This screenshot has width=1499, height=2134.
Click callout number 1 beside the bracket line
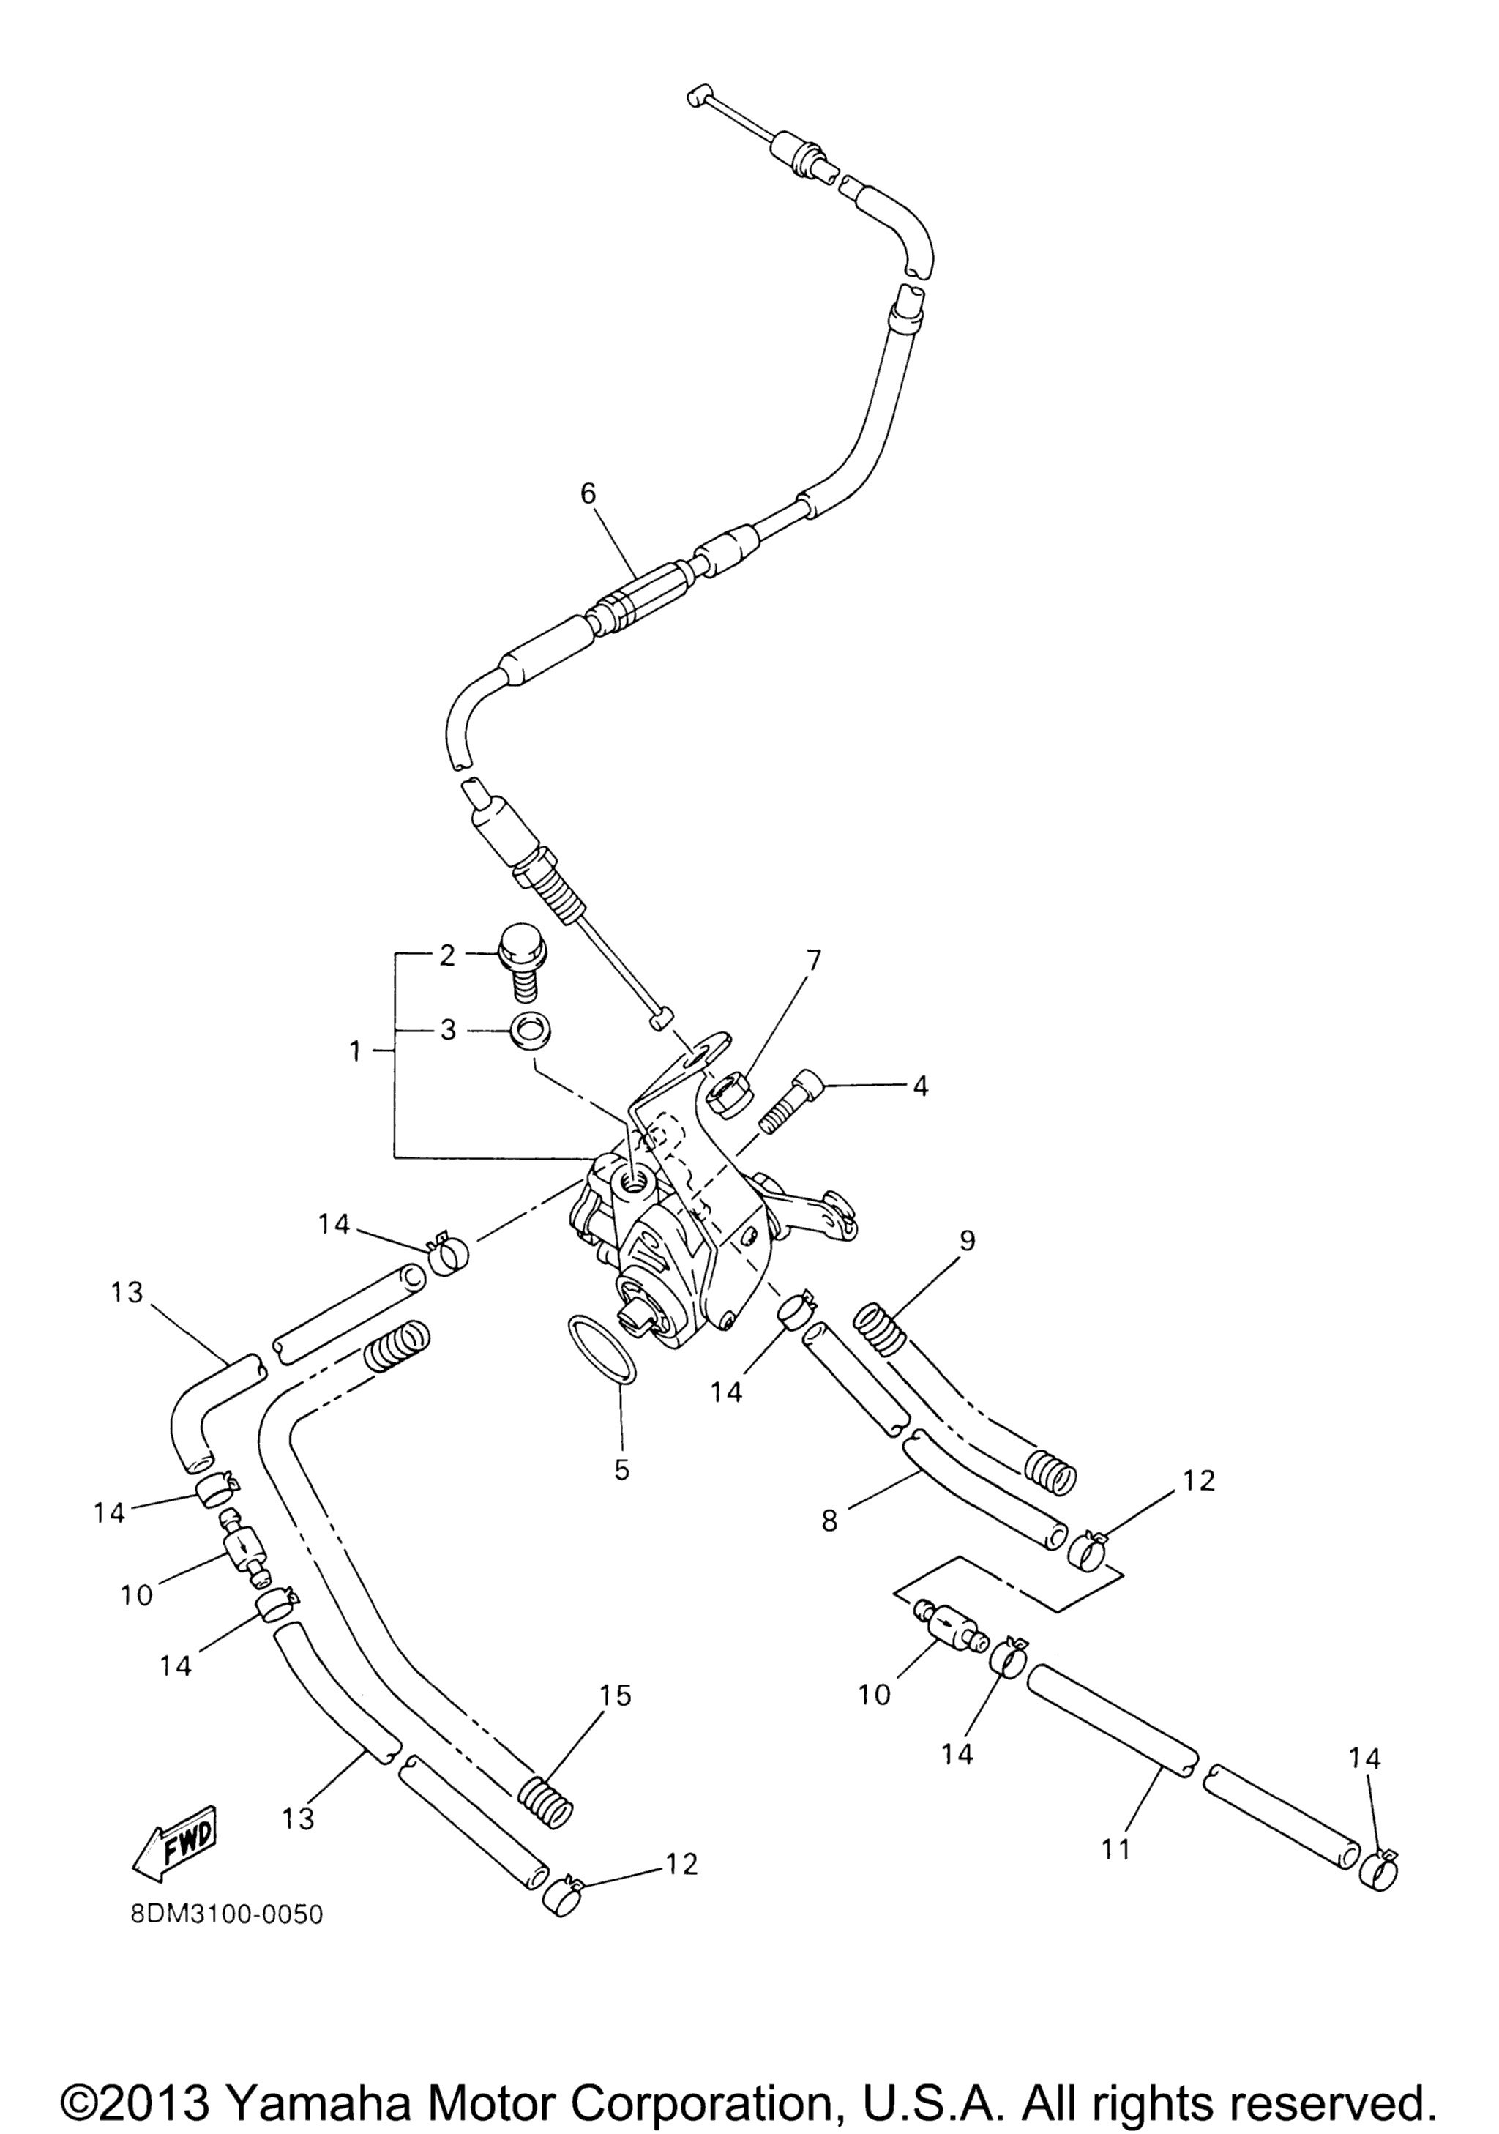pos(354,1052)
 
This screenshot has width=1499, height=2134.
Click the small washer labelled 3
pos(528,1031)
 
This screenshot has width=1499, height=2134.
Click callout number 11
pos(1115,1850)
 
